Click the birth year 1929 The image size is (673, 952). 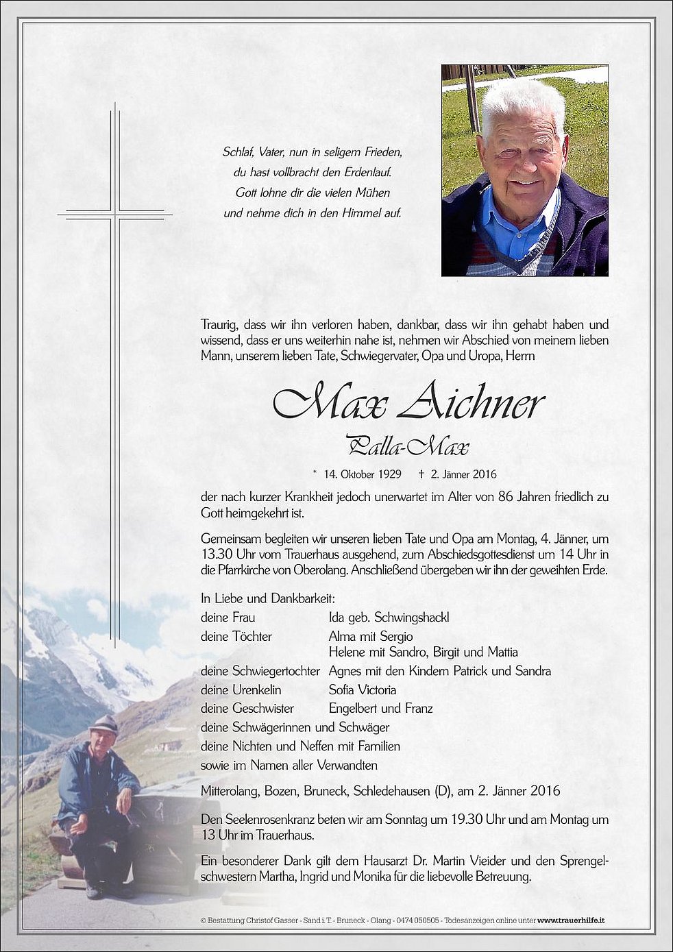pos(389,474)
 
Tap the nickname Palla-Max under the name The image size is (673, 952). pos(408,446)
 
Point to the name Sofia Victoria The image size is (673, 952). pos(363,689)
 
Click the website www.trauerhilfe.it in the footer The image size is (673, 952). pos(572,920)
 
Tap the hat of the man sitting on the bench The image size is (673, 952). pos(104,724)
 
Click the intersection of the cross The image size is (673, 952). pos(115,215)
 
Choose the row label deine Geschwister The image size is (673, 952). pos(247,709)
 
